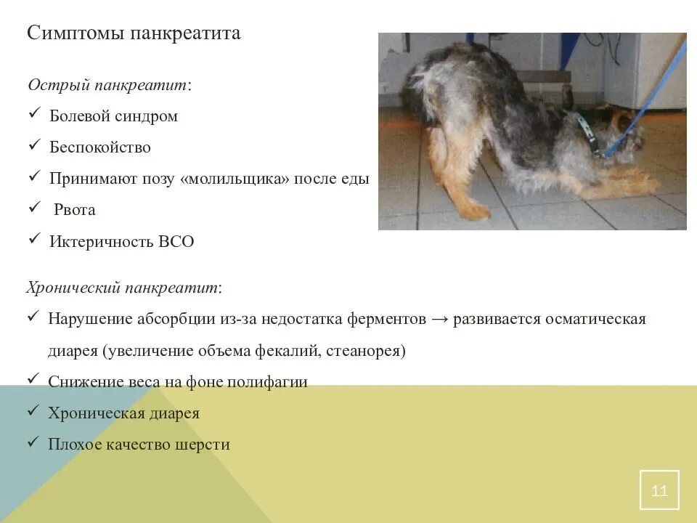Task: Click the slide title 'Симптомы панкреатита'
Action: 134,33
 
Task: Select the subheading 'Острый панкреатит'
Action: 108,85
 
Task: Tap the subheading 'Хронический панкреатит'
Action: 123,288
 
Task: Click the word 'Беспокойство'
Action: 100,147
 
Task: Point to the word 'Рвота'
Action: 75,210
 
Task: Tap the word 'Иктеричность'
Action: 102,242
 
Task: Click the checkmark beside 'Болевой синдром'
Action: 34,115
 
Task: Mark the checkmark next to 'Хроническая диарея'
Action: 33,412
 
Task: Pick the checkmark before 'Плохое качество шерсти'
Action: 33,442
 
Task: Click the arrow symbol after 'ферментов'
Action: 439,320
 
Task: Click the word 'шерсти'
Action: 205,445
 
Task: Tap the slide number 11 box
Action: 659,490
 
